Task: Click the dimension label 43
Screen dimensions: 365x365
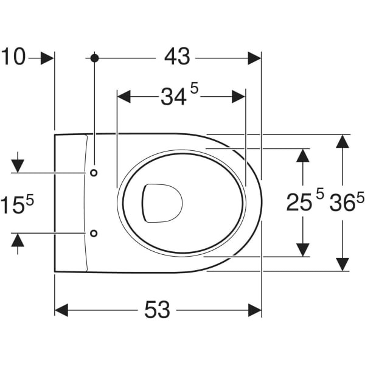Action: pyautogui.click(x=177, y=57)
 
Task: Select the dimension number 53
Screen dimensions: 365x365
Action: pyautogui.click(x=158, y=310)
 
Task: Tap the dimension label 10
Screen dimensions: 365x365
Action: pyautogui.click(x=13, y=57)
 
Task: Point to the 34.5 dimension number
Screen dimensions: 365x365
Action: pyautogui.click(x=179, y=94)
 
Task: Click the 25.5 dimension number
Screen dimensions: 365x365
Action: pyautogui.click(x=305, y=200)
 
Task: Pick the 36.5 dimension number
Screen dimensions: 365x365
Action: pyautogui.click(x=347, y=201)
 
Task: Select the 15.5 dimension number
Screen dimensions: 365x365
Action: pyautogui.click(x=17, y=203)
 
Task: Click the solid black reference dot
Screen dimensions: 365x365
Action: pyautogui.click(x=94, y=58)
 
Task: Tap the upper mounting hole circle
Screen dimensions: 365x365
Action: pyautogui.click(x=94, y=173)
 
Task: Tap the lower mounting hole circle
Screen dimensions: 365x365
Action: pyautogui.click(x=94, y=233)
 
